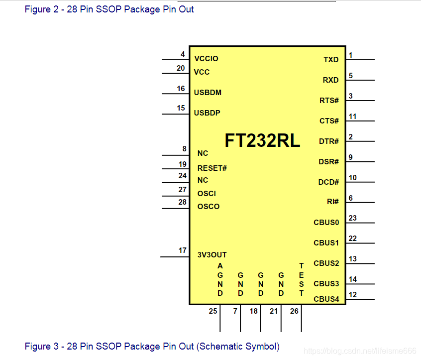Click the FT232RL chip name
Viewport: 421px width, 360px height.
click(x=262, y=140)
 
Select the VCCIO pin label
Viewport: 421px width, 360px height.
click(x=206, y=59)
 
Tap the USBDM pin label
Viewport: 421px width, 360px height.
click(x=208, y=93)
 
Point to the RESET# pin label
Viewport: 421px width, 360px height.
click(x=212, y=168)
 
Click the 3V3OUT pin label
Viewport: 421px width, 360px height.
click(x=212, y=254)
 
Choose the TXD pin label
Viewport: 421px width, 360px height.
click(x=331, y=60)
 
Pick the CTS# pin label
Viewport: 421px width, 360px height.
click(x=329, y=121)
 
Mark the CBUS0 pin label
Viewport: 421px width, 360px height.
click(x=326, y=223)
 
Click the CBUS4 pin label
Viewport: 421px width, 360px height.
click(x=326, y=299)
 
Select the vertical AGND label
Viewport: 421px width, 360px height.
click(x=220, y=280)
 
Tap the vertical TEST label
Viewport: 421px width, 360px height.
click(x=301, y=280)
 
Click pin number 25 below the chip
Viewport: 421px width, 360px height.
click(x=213, y=311)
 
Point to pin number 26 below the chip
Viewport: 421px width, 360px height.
click(x=294, y=311)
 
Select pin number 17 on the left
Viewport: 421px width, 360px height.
click(x=183, y=250)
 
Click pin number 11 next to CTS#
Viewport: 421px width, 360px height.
click(x=352, y=117)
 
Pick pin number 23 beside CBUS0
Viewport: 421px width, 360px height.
click(x=352, y=218)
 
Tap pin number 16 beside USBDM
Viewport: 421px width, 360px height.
click(x=181, y=89)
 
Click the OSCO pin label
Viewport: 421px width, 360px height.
click(x=209, y=207)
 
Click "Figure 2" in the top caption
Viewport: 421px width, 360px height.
click(x=38, y=9)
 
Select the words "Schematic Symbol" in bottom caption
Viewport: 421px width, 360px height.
click(x=238, y=346)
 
